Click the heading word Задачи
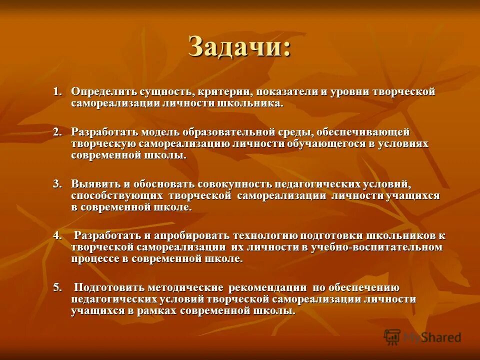[238, 48]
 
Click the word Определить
[101, 92]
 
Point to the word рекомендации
[267, 287]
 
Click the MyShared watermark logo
[422, 337]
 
